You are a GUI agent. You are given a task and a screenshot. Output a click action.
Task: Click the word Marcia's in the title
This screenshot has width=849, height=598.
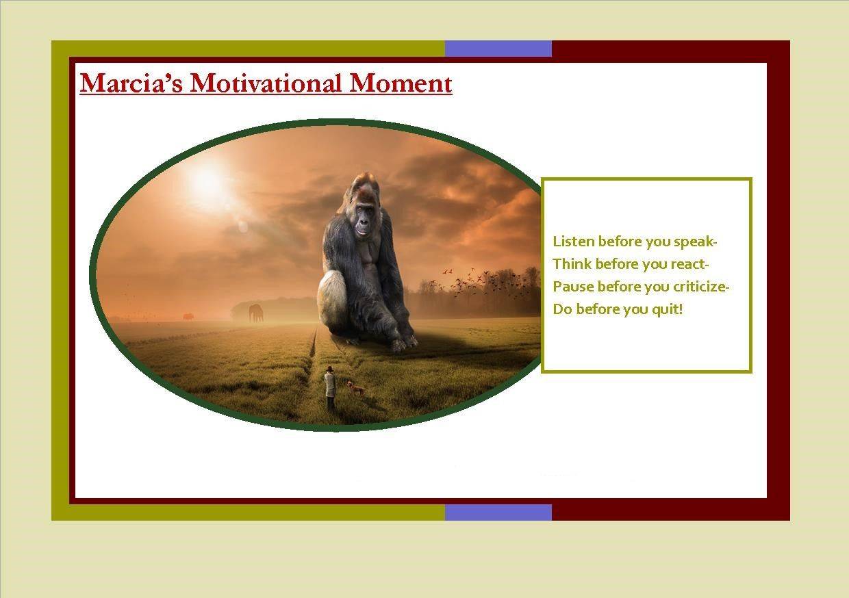[x=131, y=83]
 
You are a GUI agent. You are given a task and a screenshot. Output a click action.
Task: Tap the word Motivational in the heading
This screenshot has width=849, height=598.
[x=266, y=83]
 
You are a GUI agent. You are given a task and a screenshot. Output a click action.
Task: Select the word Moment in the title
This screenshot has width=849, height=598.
[x=401, y=83]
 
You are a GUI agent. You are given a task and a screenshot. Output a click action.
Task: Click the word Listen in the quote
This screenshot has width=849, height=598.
[x=574, y=242]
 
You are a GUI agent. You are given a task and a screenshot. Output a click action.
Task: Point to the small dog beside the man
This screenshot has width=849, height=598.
[x=355, y=388]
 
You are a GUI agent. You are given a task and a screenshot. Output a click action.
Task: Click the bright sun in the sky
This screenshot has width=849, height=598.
[x=207, y=182]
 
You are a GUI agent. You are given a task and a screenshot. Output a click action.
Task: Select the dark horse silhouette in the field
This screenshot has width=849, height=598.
[x=256, y=313]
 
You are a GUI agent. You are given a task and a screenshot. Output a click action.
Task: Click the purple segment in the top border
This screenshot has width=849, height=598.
[x=498, y=49]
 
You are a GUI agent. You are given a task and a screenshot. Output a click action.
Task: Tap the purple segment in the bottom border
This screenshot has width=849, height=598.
[x=498, y=512]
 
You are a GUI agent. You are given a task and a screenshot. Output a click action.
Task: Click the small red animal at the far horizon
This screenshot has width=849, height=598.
[x=188, y=317]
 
